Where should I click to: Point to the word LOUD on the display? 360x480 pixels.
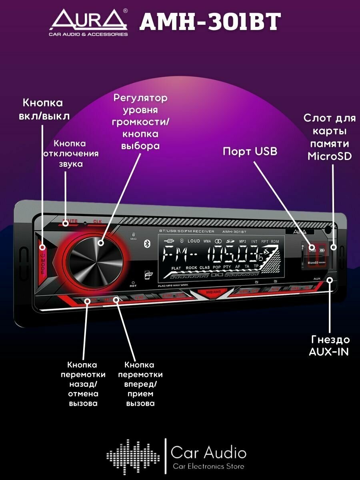[194, 241]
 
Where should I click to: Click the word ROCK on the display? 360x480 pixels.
[191, 268]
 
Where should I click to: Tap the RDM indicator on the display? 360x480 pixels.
[275, 242]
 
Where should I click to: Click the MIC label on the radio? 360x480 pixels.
[133, 239]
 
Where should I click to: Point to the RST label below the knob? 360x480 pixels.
[133, 286]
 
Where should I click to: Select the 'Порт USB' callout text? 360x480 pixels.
[250, 151]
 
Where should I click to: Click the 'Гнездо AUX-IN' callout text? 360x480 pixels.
[330, 346]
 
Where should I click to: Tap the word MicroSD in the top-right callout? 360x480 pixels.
[330, 156]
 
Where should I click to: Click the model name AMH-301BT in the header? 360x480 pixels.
[210, 22]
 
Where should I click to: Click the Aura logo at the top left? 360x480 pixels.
[88, 22]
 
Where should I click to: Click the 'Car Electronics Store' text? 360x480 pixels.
[208, 466]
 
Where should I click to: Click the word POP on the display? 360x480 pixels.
[217, 268]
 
